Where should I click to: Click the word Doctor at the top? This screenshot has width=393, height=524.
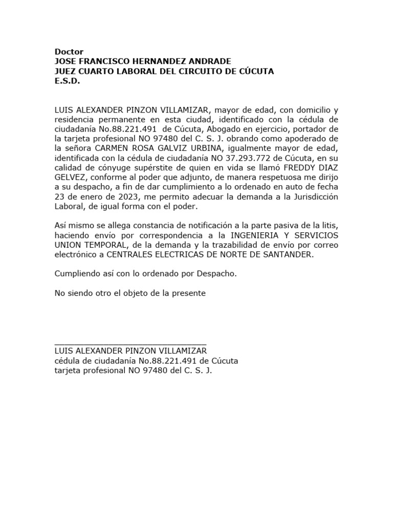point(69,52)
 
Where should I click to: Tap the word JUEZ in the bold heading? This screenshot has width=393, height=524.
point(67,71)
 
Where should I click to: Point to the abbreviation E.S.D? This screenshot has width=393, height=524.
point(68,81)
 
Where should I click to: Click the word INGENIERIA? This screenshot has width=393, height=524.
point(257,235)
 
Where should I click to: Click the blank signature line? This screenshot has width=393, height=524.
point(130,343)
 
